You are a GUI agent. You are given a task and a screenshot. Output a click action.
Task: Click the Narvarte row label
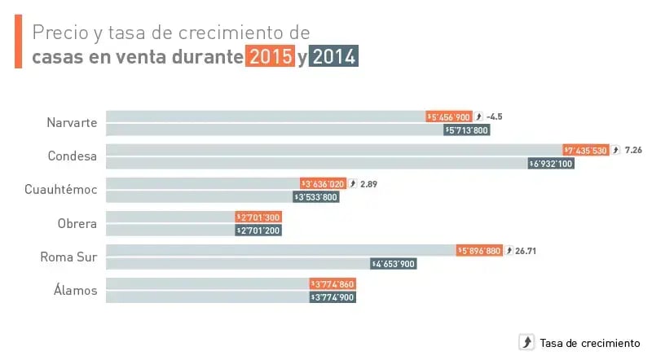(72, 123)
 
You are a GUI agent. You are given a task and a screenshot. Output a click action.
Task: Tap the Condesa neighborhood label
(73, 156)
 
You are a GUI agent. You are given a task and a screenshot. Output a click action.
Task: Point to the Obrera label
(77, 223)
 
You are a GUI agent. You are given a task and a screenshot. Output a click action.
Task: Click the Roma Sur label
(69, 257)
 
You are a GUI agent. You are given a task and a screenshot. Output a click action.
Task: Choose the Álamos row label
(74, 290)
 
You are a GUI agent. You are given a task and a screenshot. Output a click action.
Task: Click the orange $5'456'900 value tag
(448, 116)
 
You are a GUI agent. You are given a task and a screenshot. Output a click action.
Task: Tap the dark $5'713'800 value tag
(467, 130)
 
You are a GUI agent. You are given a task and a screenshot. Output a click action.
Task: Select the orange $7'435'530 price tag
(585, 150)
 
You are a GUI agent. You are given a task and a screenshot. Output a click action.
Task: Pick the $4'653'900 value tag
(394, 264)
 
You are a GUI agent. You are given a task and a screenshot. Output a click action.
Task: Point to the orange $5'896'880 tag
(479, 251)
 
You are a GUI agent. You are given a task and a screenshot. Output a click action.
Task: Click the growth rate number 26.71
(525, 251)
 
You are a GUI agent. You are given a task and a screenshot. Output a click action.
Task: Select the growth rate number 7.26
(634, 150)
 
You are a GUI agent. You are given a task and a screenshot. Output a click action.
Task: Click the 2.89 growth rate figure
(368, 184)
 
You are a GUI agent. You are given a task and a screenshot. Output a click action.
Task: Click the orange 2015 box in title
(271, 57)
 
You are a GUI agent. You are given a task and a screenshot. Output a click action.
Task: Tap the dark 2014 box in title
(334, 57)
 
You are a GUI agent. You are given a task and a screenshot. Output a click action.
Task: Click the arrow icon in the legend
(526, 342)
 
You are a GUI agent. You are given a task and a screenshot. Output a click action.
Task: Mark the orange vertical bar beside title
(18, 42)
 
